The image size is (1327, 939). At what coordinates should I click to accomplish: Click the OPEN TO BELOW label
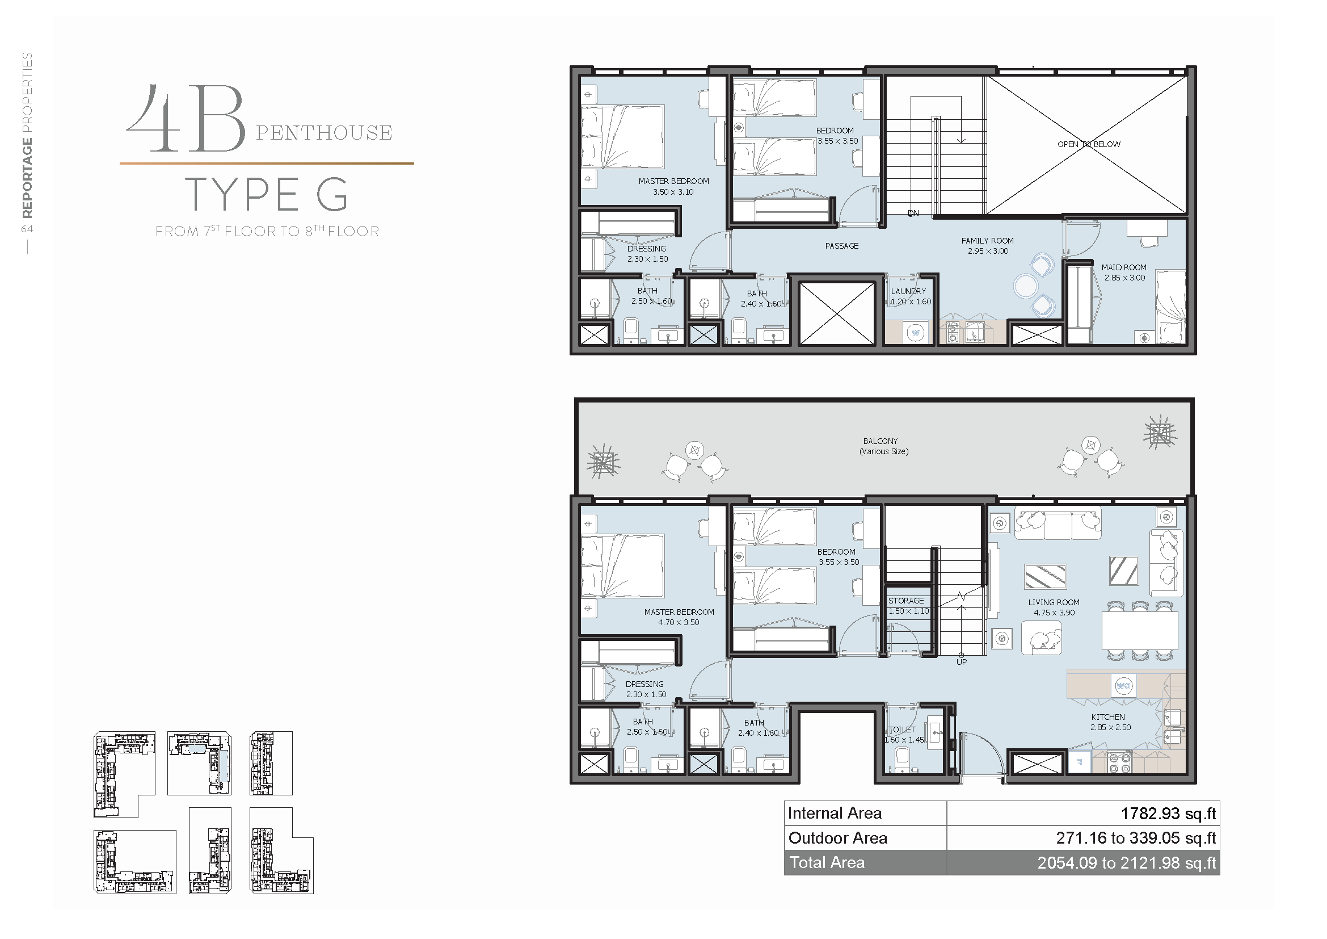coord(1089,144)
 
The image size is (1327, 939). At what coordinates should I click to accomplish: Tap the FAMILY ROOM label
coord(987,241)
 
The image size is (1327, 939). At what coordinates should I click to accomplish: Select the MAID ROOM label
coord(1123,267)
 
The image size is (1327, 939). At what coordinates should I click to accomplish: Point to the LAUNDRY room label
coord(908,291)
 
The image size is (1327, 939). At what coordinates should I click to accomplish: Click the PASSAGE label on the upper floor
coord(841,246)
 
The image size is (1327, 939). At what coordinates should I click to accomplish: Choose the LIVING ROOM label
coord(1054,602)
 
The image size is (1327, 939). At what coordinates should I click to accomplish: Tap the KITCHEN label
coord(1108,717)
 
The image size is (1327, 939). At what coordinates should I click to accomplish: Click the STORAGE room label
coord(905,601)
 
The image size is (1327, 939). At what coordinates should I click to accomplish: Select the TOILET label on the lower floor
coord(902,730)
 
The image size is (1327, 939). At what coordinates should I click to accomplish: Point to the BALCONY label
coord(881,441)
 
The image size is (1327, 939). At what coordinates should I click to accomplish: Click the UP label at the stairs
coord(961,662)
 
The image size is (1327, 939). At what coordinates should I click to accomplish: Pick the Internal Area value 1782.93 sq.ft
coord(1168,814)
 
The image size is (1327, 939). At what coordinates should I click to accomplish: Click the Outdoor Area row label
coord(837,838)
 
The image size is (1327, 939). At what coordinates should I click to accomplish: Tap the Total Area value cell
coord(1083,863)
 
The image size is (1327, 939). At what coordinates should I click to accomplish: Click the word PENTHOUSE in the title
coord(325,133)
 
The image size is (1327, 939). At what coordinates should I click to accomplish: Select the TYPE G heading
coord(267,194)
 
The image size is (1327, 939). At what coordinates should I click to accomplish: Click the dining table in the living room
coord(1140,631)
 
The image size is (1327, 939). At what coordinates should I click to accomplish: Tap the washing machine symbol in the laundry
coord(916,333)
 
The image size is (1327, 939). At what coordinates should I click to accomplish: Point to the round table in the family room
coord(1026,286)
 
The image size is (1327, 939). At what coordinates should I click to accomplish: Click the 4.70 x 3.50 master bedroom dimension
coord(679,622)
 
